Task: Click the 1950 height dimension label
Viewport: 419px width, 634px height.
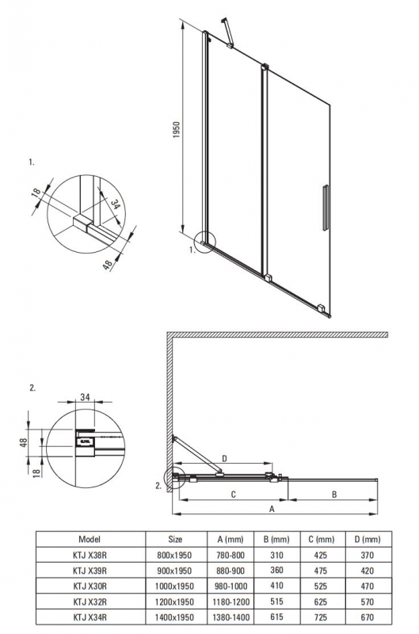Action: click(176, 130)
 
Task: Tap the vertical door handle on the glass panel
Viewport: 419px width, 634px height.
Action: click(326, 208)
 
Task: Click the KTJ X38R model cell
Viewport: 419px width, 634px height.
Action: click(90, 556)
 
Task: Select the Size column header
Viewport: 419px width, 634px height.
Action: click(175, 539)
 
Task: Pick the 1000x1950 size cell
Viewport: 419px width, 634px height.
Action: click(174, 586)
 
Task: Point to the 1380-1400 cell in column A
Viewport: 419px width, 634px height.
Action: click(230, 617)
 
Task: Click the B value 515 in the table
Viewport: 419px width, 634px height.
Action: click(276, 602)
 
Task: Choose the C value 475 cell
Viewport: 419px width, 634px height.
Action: click(321, 571)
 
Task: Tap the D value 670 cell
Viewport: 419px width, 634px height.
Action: click(368, 617)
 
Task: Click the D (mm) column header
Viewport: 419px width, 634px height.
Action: click(368, 539)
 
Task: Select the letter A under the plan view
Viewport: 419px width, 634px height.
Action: click(272, 509)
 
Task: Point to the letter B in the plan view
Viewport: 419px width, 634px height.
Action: click(334, 494)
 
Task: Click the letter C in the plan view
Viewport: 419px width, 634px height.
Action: click(233, 494)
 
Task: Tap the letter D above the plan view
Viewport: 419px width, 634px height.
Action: click(225, 458)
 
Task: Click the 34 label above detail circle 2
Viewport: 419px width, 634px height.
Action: click(85, 397)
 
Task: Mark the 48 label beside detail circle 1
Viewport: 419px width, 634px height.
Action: click(108, 265)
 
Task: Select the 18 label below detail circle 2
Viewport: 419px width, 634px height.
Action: click(37, 472)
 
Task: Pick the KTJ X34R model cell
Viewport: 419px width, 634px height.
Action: click(90, 617)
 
